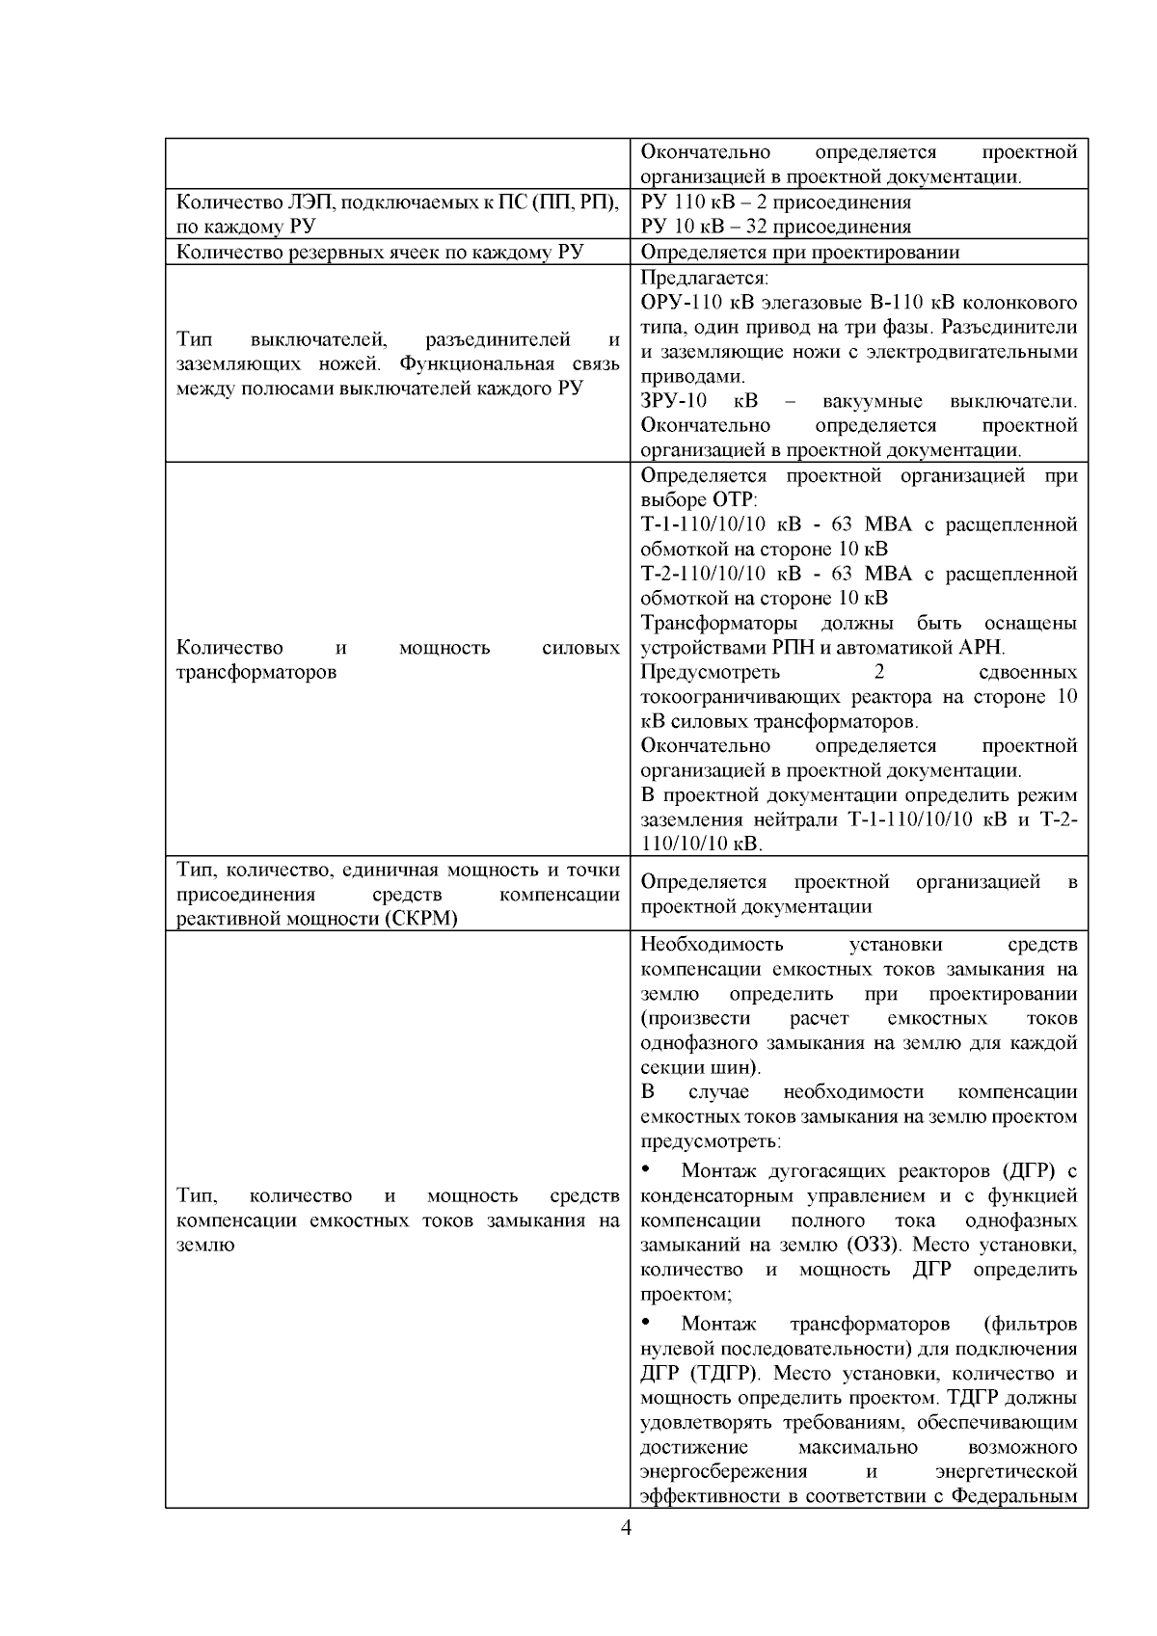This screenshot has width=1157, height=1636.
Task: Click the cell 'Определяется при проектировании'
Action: tap(799, 253)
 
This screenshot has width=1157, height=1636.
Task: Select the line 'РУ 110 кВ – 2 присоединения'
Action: tap(775, 202)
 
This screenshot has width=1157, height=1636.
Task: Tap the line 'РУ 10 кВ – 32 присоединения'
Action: tap(775, 228)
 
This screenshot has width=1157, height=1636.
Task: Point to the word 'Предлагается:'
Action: tap(704, 278)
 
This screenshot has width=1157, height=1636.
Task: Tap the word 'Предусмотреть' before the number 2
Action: tap(711, 672)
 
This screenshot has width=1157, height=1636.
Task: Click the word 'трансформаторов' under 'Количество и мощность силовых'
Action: tap(256, 672)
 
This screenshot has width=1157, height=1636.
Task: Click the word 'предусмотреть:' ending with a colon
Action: tap(710, 1141)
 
